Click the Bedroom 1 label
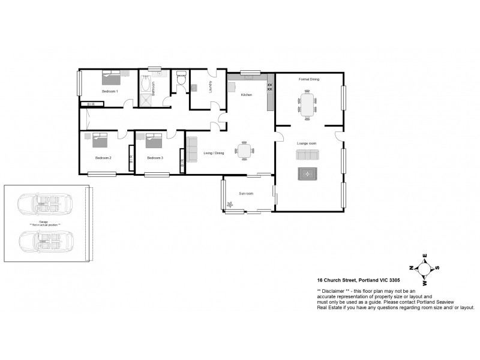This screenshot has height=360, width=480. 110,91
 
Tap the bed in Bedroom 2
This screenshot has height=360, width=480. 99,140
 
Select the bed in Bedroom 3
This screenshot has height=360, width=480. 154,140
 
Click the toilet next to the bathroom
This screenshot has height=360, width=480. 182,80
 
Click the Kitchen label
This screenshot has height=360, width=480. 247,95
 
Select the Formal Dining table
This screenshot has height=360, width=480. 308,105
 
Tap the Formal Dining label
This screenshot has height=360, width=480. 309,79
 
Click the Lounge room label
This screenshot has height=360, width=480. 307,143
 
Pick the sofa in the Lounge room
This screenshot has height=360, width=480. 308,155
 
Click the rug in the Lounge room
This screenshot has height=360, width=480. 307,173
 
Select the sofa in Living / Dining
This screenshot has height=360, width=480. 192,149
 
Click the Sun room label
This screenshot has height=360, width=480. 247,194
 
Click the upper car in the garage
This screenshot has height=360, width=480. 44,203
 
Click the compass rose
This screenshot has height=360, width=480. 425,268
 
